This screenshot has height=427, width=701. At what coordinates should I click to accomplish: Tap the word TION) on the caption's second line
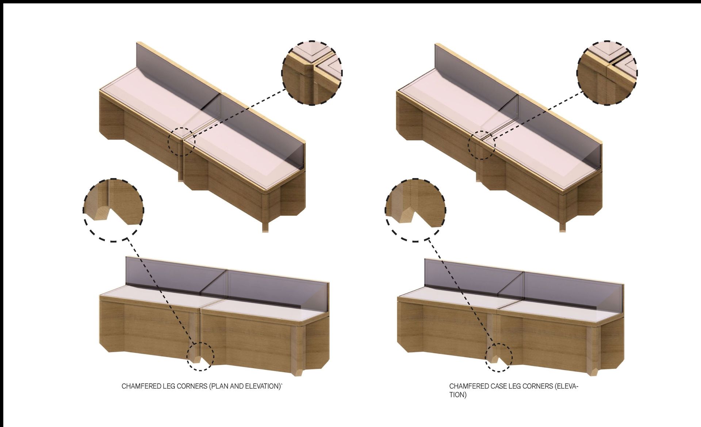[458, 395]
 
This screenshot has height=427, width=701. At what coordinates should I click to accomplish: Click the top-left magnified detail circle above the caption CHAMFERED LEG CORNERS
[312, 73]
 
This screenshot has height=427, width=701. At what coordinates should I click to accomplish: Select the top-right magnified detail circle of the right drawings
[607, 73]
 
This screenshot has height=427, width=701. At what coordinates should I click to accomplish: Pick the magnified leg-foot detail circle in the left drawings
[113, 210]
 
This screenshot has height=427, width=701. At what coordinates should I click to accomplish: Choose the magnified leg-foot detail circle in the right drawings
[415, 210]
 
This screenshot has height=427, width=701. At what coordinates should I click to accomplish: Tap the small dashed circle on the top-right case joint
[482, 145]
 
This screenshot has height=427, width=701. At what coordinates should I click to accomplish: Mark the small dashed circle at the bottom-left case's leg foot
[200, 357]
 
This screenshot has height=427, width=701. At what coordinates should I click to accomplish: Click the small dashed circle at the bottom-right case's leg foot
[499, 358]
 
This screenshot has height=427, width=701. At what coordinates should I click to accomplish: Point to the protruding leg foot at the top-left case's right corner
[265, 227]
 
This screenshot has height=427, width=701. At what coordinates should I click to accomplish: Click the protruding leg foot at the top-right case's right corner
[563, 227]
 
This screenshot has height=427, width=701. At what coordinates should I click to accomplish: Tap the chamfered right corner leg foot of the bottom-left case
[299, 371]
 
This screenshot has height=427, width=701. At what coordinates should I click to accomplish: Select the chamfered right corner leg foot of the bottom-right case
[593, 371]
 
